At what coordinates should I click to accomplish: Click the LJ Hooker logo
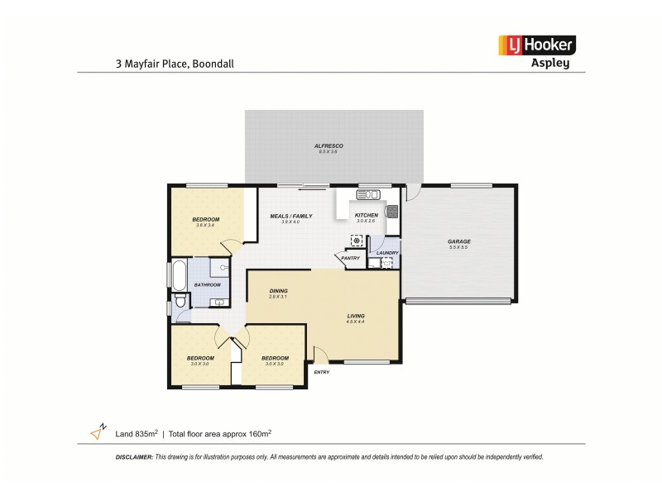pos(535,45)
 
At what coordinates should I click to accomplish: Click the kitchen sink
pos(367,195)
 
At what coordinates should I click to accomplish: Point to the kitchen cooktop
pos(392,211)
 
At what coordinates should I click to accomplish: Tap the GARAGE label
pos(459,241)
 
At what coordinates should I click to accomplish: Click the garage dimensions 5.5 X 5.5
pos(459,248)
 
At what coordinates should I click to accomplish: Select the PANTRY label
pos(350,258)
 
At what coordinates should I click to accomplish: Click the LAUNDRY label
pos(387,253)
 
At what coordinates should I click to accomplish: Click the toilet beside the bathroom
pos(180,305)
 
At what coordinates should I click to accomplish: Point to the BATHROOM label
pos(207,285)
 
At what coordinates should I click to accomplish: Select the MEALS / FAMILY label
pos(291,216)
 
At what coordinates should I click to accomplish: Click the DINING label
pos(278,290)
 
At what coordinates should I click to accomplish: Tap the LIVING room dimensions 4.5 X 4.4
pos(356,322)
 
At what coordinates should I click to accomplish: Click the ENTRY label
pos(321,372)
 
